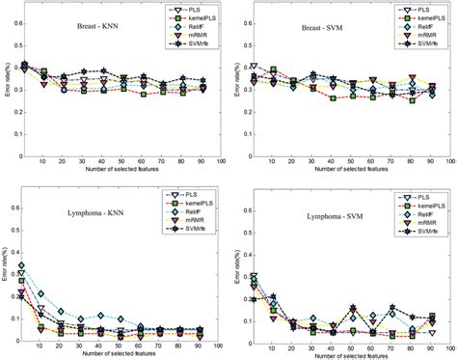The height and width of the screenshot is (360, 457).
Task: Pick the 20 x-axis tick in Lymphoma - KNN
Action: pos(63,346)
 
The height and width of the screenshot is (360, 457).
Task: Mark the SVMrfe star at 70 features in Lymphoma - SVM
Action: pos(392,309)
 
